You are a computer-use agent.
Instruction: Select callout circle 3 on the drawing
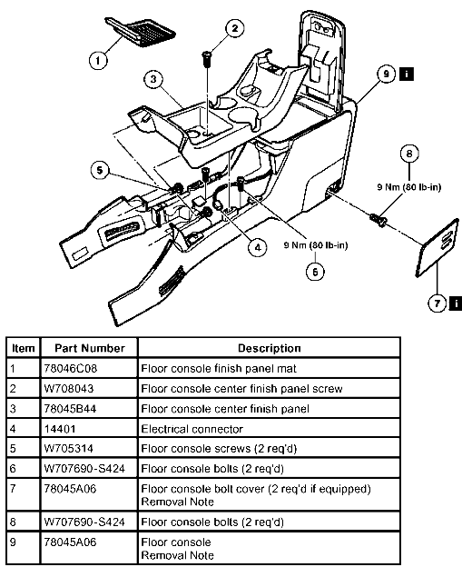(155, 80)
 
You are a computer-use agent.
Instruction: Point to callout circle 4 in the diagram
(258, 246)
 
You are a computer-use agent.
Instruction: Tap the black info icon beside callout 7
(453, 302)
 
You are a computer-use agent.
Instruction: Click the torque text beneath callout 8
(409, 189)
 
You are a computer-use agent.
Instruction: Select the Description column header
(269, 348)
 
